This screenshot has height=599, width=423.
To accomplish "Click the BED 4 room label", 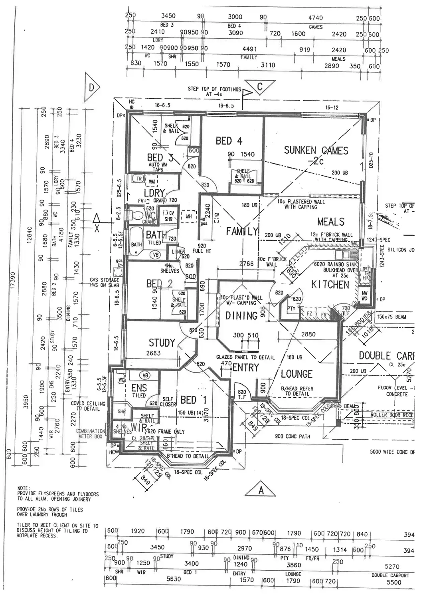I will click(229, 141).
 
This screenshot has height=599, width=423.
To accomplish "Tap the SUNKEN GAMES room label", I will click(316, 151).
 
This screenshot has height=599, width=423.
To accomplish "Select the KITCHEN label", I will click(330, 285).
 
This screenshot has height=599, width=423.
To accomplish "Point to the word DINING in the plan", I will click(241, 316).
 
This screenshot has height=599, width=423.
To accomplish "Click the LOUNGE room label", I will click(296, 374).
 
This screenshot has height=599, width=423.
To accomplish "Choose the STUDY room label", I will click(162, 343).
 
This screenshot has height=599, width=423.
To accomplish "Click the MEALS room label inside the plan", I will click(330, 221).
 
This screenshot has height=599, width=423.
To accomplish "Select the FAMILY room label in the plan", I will click(242, 231).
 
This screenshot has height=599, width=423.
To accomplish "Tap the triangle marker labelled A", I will click(261, 489).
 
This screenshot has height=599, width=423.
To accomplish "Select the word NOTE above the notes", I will click(23, 488).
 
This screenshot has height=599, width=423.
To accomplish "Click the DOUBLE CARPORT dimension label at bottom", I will click(390, 575).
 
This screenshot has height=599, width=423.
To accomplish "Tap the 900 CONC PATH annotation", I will click(293, 436).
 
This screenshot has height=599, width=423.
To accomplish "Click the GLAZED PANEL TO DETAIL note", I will click(245, 357).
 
